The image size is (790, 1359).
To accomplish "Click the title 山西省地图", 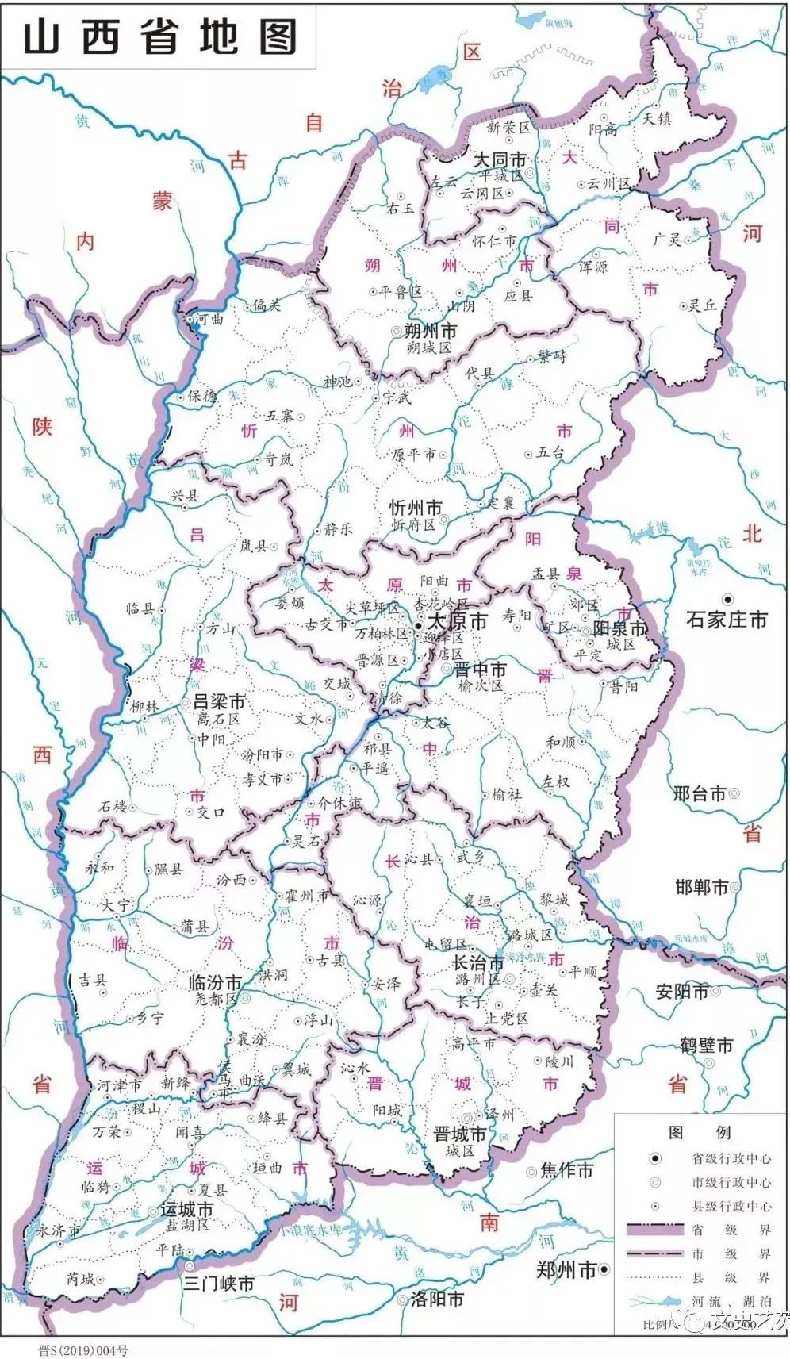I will (x=159, y=37).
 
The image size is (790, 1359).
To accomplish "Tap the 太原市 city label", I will (x=457, y=621).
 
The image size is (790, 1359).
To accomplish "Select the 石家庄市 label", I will (x=727, y=620).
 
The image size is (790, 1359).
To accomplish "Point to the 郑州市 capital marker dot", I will (x=604, y=1270).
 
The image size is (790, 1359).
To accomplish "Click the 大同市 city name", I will (x=500, y=160).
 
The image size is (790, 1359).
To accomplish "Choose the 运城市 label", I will (x=187, y=1210).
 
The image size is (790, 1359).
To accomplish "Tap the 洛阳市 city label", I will (x=437, y=1299).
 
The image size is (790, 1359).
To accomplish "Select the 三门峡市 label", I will (x=219, y=1283).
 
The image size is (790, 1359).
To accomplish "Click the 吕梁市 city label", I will (x=219, y=702).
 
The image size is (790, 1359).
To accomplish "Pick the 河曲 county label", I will (x=210, y=319).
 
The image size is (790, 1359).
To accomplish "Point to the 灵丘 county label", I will (x=703, y=305).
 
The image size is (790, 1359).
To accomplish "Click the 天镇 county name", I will (x=657, y=119).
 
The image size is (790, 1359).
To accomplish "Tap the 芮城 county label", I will (x=80, y=1279).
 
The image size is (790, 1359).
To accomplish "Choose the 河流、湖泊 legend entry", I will (x=731, y=1302).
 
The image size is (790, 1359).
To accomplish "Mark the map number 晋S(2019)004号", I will (x=82, y=1349).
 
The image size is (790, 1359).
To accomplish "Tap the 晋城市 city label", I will (x=460, y=1134).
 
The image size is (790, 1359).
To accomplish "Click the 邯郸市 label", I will (x=702, y=887).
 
